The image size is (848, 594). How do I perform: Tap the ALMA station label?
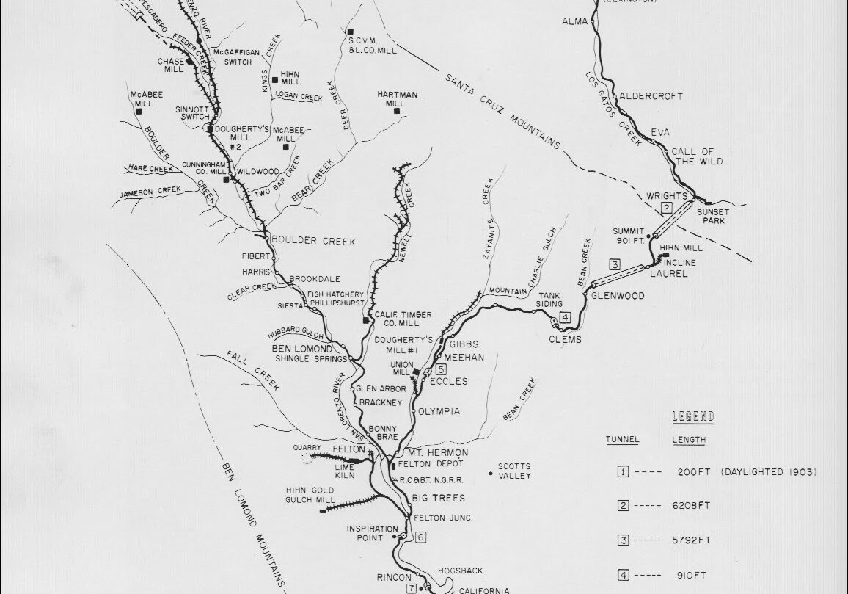pos(575,21)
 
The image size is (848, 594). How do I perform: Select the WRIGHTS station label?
pos(666,196)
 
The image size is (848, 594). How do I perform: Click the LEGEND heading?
pos(693,416)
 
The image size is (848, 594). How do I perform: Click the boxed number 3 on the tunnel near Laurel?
pos(615,264)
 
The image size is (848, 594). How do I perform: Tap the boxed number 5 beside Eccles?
pos(440,369)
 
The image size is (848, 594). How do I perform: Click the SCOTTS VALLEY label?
pos(513,471)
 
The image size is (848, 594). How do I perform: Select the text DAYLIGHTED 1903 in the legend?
pos(768,472)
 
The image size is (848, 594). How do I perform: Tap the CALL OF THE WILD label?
pos(697,156)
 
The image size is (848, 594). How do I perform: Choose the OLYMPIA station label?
pos(439,411)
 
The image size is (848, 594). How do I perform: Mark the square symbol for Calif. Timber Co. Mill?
pos(366,321)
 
